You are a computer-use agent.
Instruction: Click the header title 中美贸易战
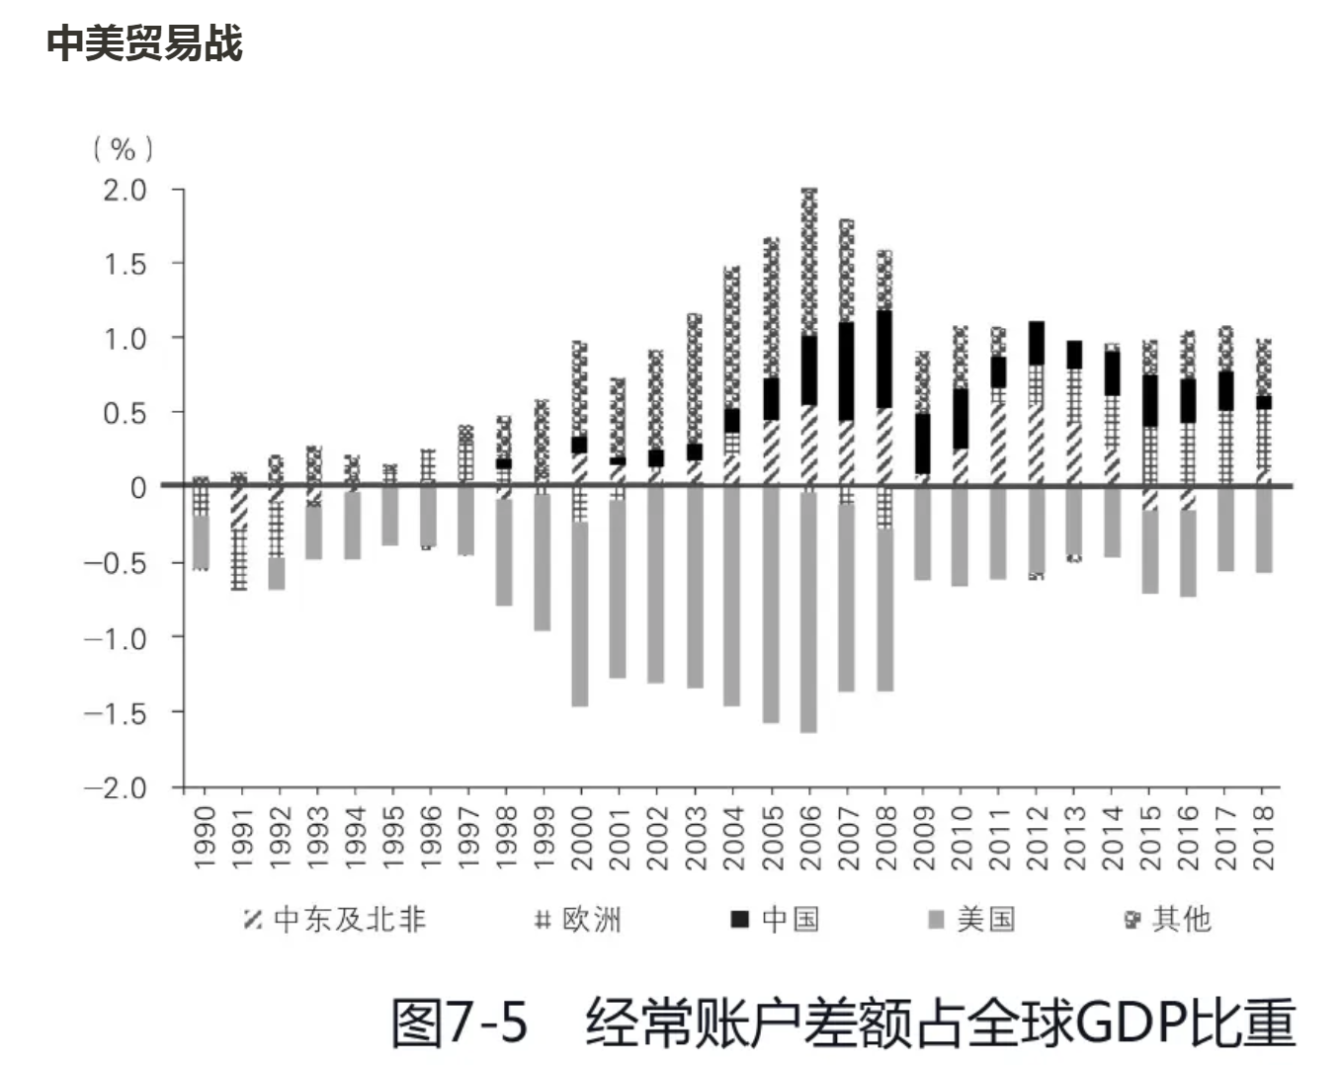144,43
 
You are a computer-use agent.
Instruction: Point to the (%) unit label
124,149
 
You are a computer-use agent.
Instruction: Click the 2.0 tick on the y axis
126,190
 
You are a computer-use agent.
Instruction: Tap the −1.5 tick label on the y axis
117,712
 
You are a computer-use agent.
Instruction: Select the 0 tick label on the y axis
138,488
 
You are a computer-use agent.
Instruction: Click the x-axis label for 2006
809,838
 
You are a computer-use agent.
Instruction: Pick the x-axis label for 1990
204,838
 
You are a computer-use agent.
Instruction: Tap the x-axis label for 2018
1263,838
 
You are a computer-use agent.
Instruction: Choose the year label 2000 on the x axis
581,838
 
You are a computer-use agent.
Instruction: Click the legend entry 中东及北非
335,920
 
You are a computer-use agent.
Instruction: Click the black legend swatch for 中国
740,920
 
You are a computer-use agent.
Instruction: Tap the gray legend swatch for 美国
937,920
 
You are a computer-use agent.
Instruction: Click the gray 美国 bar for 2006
808,613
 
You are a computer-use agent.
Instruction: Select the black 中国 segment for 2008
884,360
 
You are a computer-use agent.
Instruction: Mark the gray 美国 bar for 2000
580,613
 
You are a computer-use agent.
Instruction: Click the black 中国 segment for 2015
1150,400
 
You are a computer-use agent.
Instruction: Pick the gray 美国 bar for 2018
1263,531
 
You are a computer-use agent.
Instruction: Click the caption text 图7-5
461,1023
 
